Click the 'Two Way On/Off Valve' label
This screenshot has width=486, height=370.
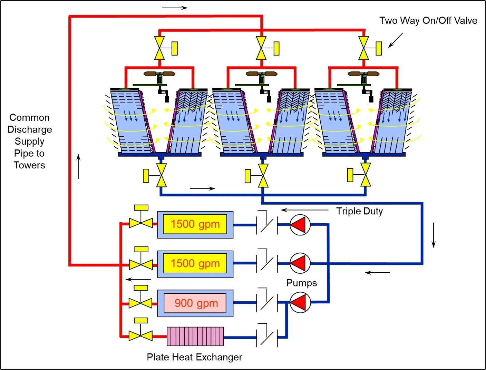428,21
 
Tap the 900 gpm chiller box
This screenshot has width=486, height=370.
195,303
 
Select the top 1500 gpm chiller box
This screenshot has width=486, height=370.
195,224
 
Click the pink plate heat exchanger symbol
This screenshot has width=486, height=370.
195,337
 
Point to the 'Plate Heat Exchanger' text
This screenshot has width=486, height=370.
194,357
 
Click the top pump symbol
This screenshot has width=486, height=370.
300,225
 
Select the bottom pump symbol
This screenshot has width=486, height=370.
300,302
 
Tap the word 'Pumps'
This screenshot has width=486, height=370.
301,283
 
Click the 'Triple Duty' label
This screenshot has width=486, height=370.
359,211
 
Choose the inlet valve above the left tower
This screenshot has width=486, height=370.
159,48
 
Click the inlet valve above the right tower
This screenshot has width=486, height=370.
364,48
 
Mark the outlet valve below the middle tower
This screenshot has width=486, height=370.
263,175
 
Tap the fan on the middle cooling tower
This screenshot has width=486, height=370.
262,74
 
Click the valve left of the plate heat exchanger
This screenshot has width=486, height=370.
140,335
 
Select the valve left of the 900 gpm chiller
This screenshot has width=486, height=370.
140,303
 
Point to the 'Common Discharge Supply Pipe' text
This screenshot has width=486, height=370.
29,141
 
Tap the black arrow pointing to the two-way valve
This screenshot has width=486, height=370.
396,40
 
